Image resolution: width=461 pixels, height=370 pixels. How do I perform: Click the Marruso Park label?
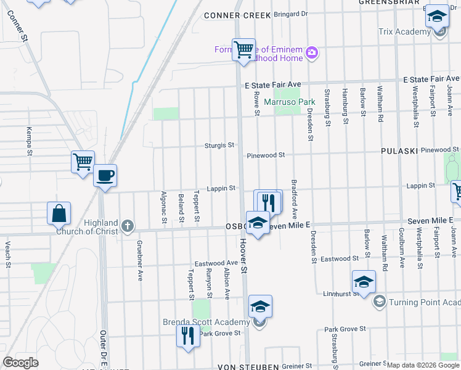pos(290,101)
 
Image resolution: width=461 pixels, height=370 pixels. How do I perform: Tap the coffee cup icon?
pos(105,176)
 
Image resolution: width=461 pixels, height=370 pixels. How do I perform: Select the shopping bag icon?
pos(59,213)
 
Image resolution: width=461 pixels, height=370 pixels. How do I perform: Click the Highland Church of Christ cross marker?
pos(128,226)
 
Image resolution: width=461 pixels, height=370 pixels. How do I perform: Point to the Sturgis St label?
pos(220,146)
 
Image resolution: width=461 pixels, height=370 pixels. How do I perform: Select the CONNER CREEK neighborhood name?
pos(237,15)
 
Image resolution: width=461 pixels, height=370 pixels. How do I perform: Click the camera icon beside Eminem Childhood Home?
pos(312,52)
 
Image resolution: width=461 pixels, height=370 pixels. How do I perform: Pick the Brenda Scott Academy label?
pos(206,322)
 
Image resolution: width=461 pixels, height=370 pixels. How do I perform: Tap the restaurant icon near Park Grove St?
pos(187,336)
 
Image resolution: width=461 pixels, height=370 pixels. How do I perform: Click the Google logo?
pos(21,363)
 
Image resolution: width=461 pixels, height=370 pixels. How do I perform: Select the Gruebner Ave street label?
pos(141,268)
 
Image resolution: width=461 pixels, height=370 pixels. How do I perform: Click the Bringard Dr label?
pos(290,14)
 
